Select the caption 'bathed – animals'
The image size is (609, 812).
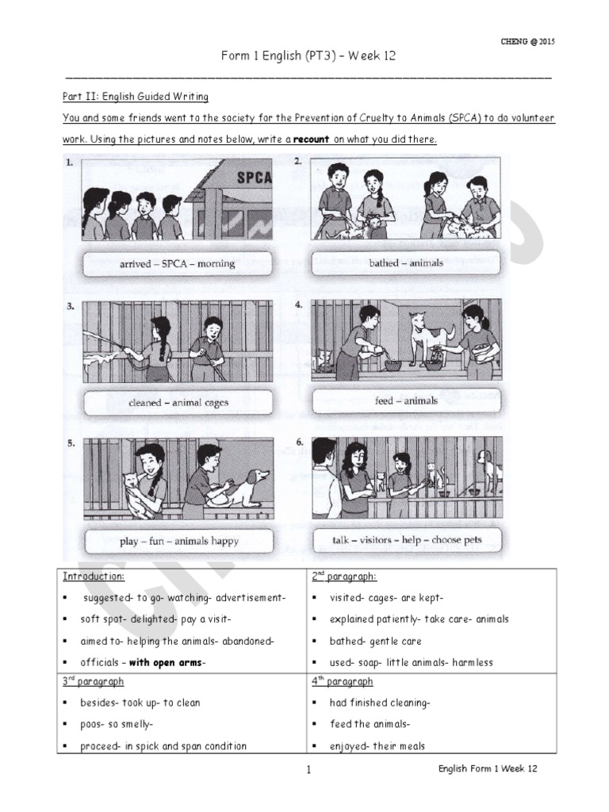[x=406, y=262]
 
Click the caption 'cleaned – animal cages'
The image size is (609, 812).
[x=178, y=402]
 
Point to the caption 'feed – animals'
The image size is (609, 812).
[x=406, y=400]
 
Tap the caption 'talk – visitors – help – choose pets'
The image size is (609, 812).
[x=407, y=540]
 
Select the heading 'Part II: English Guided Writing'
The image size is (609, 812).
[x=135, y=97]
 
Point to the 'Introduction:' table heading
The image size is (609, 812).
[x=94, y=576]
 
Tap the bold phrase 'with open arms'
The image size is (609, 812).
[x=166, y=662]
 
